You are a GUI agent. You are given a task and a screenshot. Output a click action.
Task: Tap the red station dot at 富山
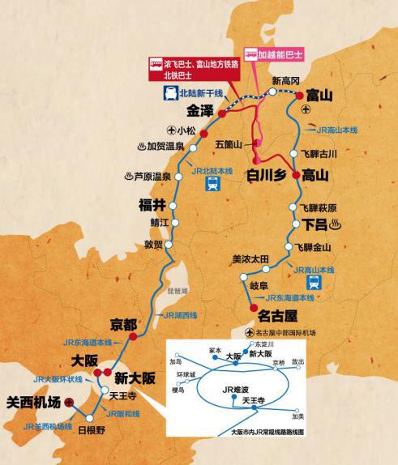point(301,96)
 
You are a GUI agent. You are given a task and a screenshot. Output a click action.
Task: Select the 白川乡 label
point(264,175)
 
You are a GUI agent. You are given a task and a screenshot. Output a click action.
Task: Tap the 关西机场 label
point(34,402)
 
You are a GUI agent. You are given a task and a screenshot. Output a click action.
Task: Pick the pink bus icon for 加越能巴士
point(253,56)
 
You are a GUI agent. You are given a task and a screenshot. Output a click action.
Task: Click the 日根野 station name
point(92,429)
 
